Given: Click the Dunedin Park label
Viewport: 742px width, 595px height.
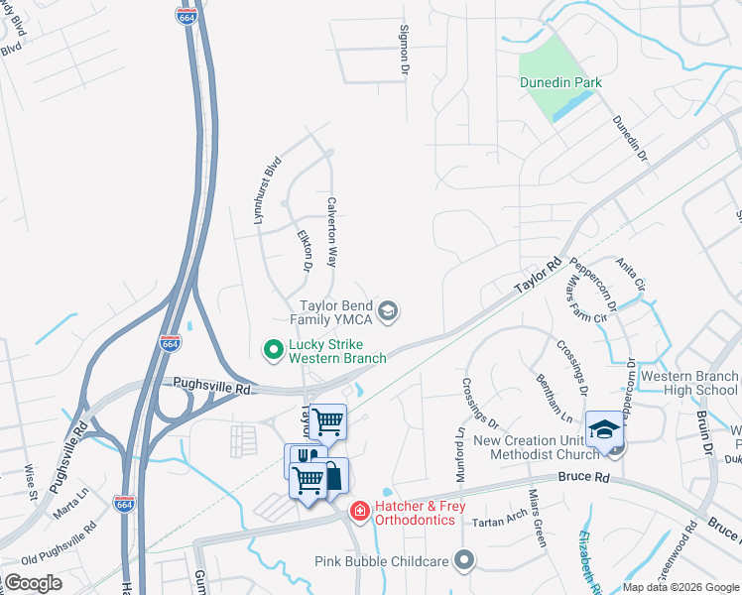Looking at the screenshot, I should point(560,82).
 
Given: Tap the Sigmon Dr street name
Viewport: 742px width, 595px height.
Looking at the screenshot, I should point(404,51).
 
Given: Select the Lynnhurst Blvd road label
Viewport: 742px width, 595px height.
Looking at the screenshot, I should point(264,189).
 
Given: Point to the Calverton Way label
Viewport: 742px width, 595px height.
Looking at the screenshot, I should point(332,230).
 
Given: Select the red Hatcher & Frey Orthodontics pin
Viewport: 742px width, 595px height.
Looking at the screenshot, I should point(359,512).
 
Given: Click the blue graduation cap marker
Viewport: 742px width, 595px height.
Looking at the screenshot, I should point(602,428).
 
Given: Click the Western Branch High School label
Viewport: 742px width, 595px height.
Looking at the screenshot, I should point(689,383).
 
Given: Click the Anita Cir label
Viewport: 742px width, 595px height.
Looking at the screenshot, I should point(631,274).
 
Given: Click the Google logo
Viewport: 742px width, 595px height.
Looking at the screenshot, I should point(33,583).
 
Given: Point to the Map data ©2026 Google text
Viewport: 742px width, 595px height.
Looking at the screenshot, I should point(680,587).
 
